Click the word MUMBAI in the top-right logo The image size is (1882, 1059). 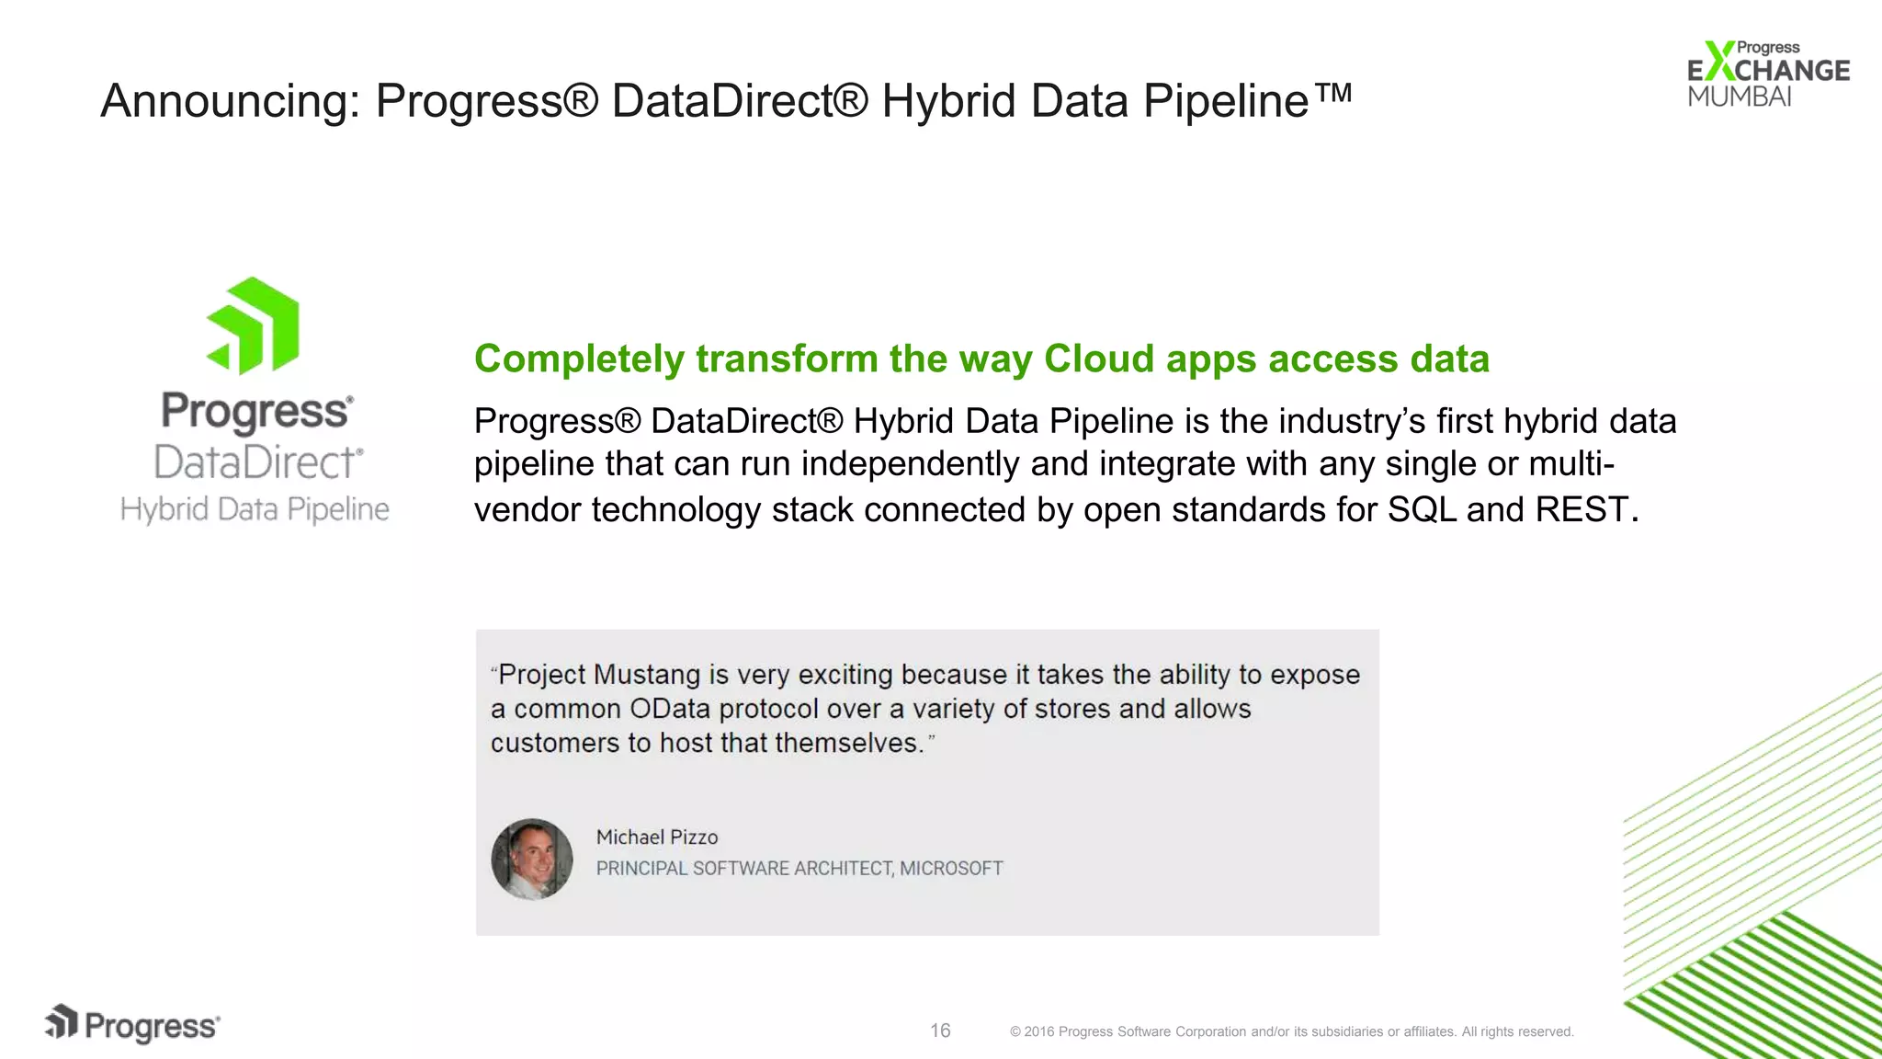point(1739,97)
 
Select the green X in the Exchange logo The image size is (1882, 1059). point(1718,62)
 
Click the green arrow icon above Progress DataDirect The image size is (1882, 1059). point(254,326)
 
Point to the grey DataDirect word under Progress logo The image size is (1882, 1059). point(257,461)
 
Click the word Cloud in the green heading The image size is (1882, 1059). point(1098,359)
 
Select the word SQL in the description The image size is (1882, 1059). point(1422,509)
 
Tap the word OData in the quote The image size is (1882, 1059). point(670,709)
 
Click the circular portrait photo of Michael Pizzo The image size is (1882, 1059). point(532,859)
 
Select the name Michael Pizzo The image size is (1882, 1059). point(657,837)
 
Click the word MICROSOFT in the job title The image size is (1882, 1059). point(951,868)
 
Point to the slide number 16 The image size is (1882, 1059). point(940,1031)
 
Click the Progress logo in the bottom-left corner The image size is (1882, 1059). point(133,1025)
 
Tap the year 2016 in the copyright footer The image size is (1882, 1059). point(1038,1031)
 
